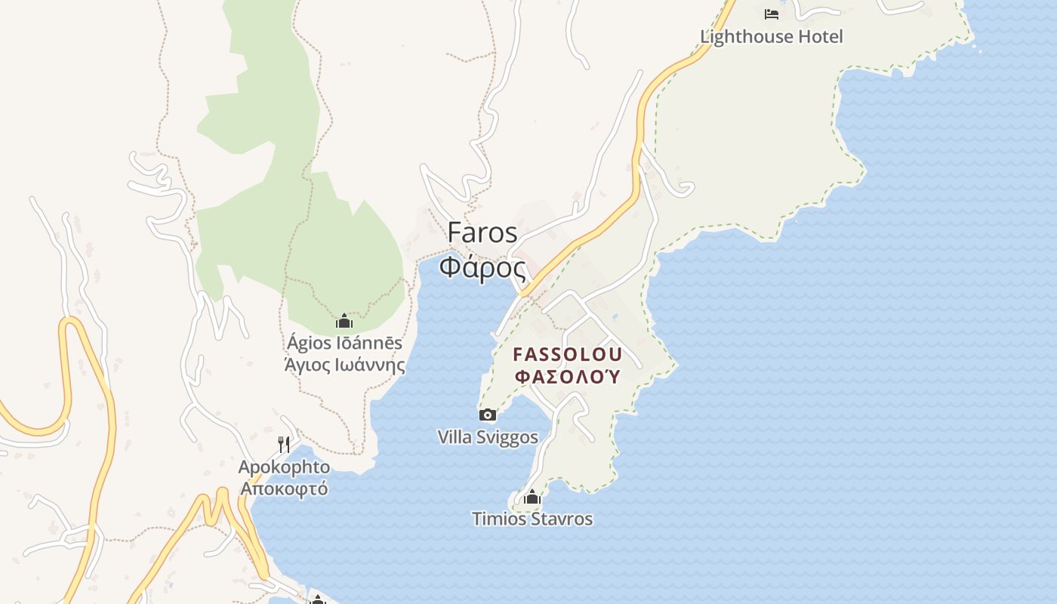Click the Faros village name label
(482, 233)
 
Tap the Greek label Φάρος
(482, 267)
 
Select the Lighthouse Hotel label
(771, 36)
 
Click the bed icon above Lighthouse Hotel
(771, 14)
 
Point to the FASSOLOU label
(568, 354)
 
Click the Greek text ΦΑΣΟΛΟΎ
(568, 376)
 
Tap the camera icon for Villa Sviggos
(488, 414)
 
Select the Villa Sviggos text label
(488, 437)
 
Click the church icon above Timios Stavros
(532, 497)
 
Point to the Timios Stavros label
(532, 519)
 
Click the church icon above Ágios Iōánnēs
(344, 322)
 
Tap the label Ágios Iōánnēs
(344, 344)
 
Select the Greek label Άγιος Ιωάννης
(344, 365)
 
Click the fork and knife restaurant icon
(284, 444)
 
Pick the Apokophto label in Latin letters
(284, 467)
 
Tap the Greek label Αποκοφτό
(284, 488)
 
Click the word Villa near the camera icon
(454, 437)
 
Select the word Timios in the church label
(498, 519)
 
